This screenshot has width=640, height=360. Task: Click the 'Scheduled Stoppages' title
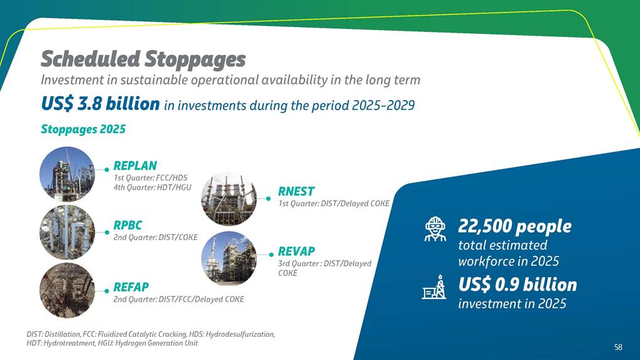[x=143, y=59]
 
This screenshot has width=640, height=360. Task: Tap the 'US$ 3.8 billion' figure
[x=100, y=104]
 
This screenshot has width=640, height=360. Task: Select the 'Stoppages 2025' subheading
[x=84, y=129]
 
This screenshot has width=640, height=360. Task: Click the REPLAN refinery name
[x=135, y=166]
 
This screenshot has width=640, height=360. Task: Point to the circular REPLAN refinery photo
[x=67, y=174]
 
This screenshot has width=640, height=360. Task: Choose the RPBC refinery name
[x=127, y=226]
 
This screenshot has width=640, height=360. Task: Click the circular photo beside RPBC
[x=67, y=232]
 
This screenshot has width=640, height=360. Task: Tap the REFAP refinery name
[x=131, y=287]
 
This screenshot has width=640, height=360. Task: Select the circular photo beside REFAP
[x=67, y=290]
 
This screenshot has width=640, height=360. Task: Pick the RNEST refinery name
[x=296, y=192]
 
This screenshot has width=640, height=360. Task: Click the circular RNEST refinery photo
[x=229, y=199]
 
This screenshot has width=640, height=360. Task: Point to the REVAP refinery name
[x=296, y=251]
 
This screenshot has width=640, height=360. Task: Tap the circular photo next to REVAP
[x=229, y=258]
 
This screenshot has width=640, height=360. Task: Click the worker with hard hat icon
[x=435, y=229]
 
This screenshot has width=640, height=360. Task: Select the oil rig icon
[x=434, y=287]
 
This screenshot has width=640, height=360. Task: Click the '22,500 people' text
[x=514, y=227]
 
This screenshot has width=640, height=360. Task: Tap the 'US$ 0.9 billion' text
[x=518, y=285]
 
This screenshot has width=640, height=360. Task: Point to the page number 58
[x=619, y=347]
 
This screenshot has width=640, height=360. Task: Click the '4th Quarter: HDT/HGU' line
[x=152, y=188]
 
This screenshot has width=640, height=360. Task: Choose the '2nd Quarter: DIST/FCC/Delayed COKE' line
[x=179, y=300]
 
